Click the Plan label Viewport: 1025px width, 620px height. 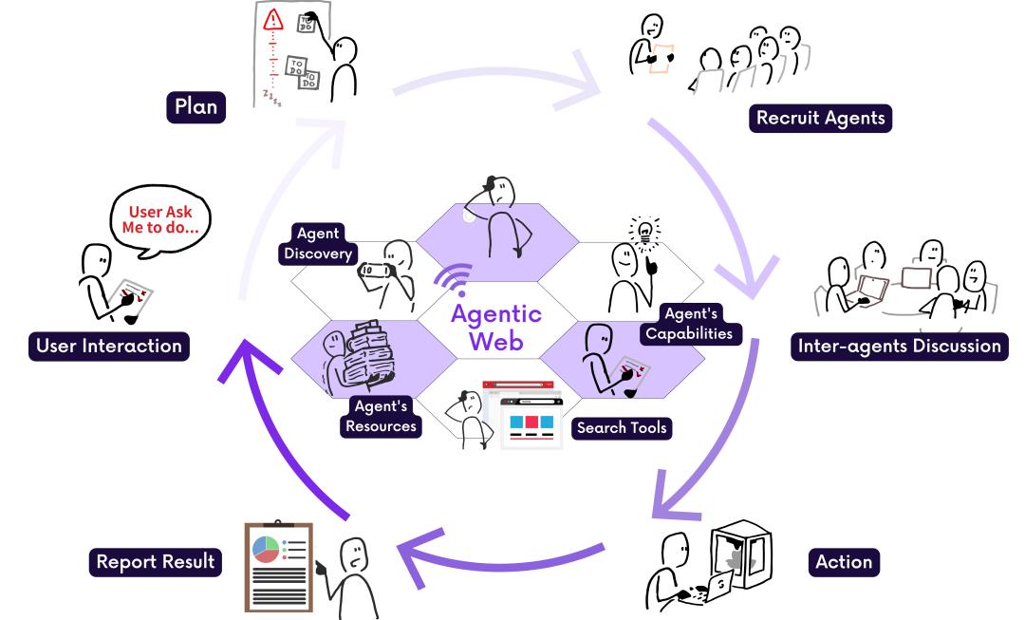(x=196, y=105)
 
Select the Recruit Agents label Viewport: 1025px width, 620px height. (x=820, y=118)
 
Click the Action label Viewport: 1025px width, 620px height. (x=843, y=561)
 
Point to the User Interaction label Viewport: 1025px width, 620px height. (x=108, y=346)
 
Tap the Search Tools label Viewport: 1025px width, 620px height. (x=621, y=427)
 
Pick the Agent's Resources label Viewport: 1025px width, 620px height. (x=381, y=416)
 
